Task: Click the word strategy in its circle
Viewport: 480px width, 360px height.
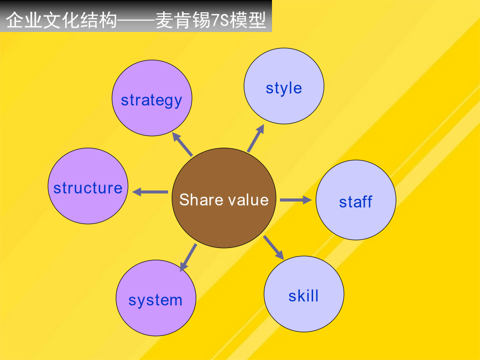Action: [151, 100]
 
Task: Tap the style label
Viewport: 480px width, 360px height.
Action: [284, 88]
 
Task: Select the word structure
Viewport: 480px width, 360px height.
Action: [88, 188]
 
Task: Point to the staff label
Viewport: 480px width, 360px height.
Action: [356, 202]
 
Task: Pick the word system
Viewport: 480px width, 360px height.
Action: [156, 300]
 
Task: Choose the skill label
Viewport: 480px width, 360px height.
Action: [303, 295]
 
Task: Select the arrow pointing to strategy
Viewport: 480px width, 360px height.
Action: [182, 144]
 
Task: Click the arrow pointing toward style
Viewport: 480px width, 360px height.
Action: [255, 138]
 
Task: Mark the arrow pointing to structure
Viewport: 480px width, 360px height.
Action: [150, 192]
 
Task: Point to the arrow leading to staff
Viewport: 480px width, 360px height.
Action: [295, 200]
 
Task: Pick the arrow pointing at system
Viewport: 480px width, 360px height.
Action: [188, 258]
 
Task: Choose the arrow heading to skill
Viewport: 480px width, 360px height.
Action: [274, 247]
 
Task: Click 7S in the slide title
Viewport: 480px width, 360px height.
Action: [220, 20]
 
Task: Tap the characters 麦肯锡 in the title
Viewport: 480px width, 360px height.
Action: [183, 20]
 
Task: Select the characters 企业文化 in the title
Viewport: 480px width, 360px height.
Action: [43, 20]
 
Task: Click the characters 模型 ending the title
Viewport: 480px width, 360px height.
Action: [248, 20]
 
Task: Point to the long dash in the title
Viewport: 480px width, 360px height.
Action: [136, 21]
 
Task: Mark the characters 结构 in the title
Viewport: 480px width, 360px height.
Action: [98, 20]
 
